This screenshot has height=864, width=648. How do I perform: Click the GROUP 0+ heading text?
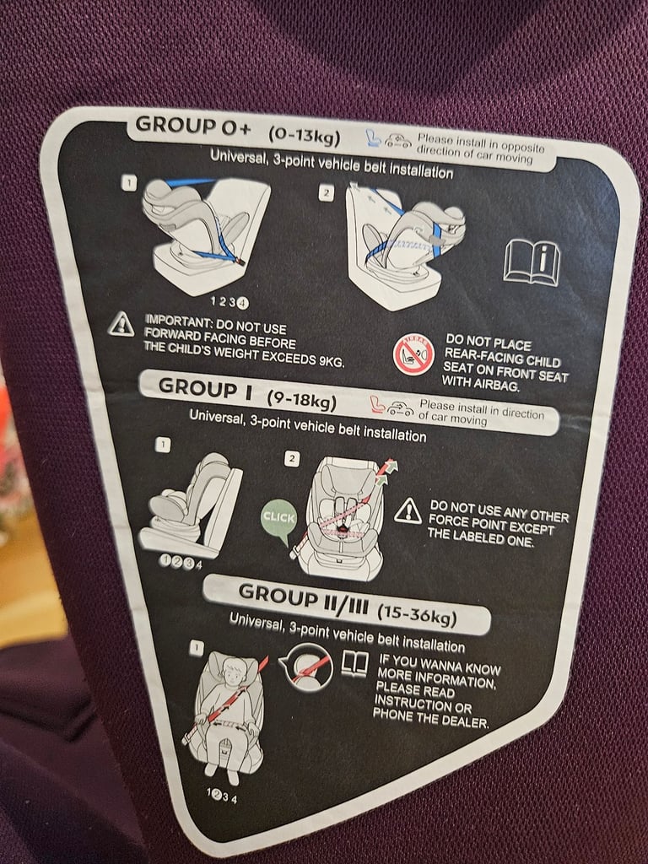pos(193,127)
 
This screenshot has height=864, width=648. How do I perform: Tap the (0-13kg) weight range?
pos(304,134)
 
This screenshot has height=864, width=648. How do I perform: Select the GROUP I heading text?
pos(205,388)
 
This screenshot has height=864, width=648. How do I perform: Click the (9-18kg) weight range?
pos(301,399)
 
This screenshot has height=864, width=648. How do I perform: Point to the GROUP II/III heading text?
pos(303,598)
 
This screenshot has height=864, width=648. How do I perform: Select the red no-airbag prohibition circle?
pos(413,355)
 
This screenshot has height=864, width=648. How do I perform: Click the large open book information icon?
pos(532,262)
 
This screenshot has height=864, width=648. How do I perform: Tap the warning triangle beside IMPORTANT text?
pos(121,324)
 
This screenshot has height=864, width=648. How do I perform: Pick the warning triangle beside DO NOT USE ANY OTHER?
pos(408,511)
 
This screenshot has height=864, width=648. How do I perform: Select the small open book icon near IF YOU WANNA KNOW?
pos(355,664)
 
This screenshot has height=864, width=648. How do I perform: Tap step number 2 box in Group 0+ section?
pos(327,193)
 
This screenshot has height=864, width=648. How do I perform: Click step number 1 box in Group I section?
pos(163,445)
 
